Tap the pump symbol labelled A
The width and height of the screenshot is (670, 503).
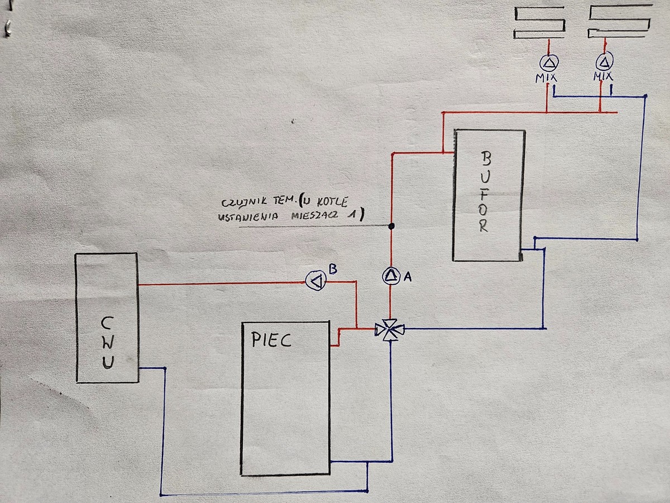391,275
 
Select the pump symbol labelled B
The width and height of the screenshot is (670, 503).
316,280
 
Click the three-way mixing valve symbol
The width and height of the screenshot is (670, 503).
390,330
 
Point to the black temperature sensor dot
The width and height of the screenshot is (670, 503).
391,226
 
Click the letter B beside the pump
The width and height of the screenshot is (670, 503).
332,269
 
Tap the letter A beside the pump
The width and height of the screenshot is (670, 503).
407,277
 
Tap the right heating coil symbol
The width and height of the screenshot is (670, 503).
620,22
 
